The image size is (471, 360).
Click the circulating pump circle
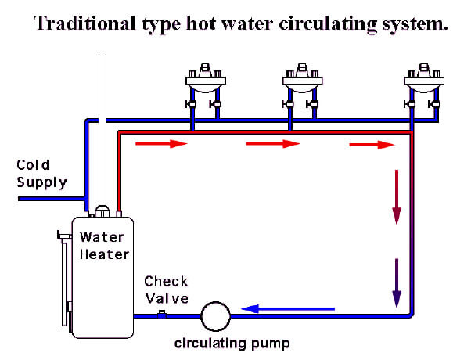tap(215, 317)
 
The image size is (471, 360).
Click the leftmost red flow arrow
tap(162, 144)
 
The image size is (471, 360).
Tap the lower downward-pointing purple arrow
tap(397, 283)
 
